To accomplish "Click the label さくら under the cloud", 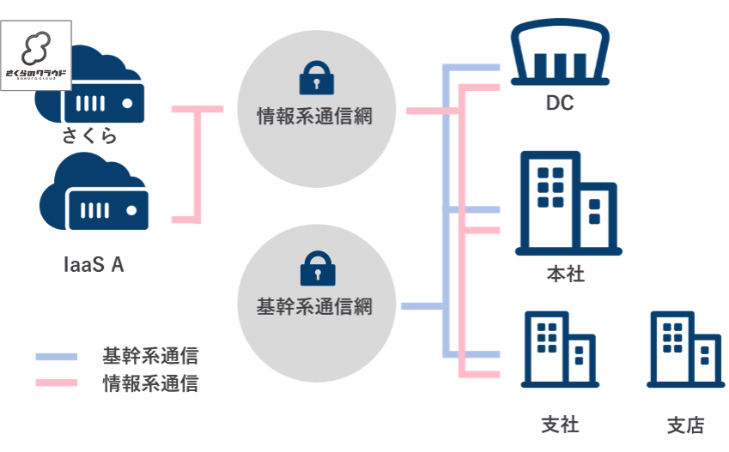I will (x=89, y=136).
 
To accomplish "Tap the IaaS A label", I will (x=94, y=264).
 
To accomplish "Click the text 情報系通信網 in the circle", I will (x=315, y=116).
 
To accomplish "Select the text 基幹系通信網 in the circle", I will (x=315, y=305).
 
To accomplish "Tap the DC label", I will (x=559, y=104).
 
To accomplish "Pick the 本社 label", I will (x=565, y=275).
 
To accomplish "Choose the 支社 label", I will (x=560, y=425).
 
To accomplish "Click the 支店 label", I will (x=685, y=425).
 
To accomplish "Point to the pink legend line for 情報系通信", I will (x=56, y=383).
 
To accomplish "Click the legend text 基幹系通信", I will (x=149, y=355).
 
